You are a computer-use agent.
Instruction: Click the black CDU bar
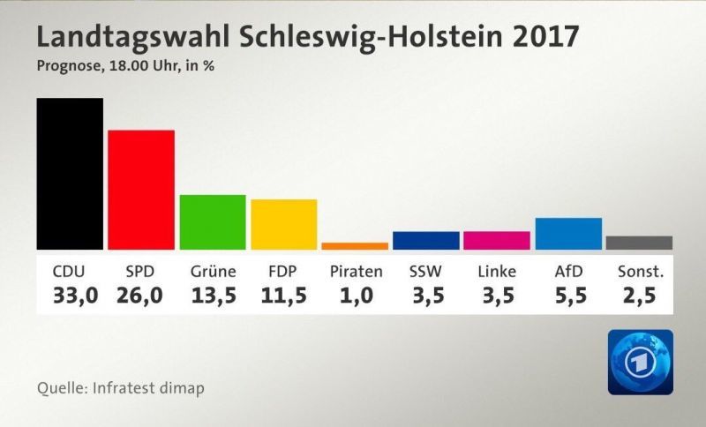pyautogui.click(x=70, y=174)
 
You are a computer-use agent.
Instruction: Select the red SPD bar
pyautogui.click(x=141, y=190)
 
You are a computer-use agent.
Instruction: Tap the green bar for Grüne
pyautogui.click(x=213, y=222)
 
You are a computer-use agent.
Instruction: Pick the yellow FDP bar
pyautogui.click(x=283, y=224)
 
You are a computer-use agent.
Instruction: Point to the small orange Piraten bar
pyautogui.click(x=355, y=246)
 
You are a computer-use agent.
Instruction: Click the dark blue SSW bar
pyautogui.click(x=426, y=241)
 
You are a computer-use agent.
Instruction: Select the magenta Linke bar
pyautogui.click(x=497, y=241)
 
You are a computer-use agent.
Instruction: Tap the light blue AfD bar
pyautogui.click(x=568, y=234)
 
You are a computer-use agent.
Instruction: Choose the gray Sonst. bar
pyautogui.click(x=639, y=243)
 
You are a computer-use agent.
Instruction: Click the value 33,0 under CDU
pyautogui.click(x=75, y=296)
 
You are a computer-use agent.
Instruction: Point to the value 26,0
pyautogui.click(x=139, y=296)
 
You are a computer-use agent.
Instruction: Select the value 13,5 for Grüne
pyautogui.click(x=214, y=296)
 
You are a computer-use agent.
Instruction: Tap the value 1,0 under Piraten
pyautogui.click(x=357, y=296)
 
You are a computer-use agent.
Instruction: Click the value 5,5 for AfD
pyautogui.click(x=571, y=296)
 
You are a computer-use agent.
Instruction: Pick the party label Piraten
pyautogui.click(x=357, y=272)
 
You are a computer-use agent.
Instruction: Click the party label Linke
pyautogui.click(x=497, y=272)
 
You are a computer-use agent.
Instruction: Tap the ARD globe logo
pyautogui.click(x=641, y=363)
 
